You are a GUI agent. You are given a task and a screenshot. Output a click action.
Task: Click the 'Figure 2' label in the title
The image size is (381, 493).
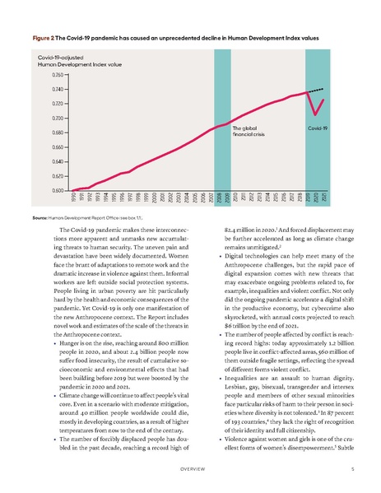coord(44,39)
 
